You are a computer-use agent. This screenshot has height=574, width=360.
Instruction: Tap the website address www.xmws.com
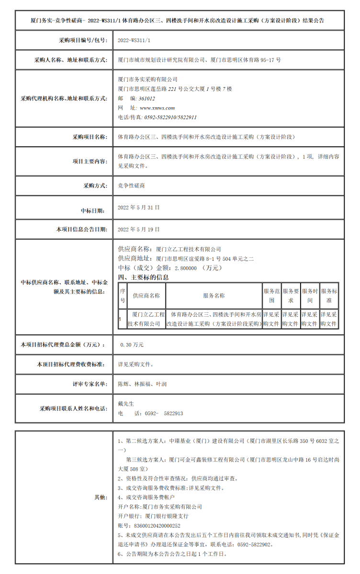(157, 108)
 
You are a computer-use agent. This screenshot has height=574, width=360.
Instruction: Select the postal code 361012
(146, 99)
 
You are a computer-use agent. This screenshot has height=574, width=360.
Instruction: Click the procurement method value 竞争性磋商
(131, 186)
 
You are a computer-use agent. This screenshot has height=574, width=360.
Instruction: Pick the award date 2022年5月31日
(138, 209)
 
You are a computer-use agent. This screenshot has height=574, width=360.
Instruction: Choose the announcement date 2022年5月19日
(138, 230)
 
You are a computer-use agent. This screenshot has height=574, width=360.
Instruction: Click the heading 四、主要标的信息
(143, 277)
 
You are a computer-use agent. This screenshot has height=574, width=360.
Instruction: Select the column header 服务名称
(214, 296)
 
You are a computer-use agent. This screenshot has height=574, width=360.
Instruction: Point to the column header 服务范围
(271, 296)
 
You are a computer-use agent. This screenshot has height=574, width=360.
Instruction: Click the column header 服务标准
(329, 296)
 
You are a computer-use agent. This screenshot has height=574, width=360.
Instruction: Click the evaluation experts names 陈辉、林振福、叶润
(142, 384)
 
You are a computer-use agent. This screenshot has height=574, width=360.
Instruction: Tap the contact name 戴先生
(126, 404)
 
